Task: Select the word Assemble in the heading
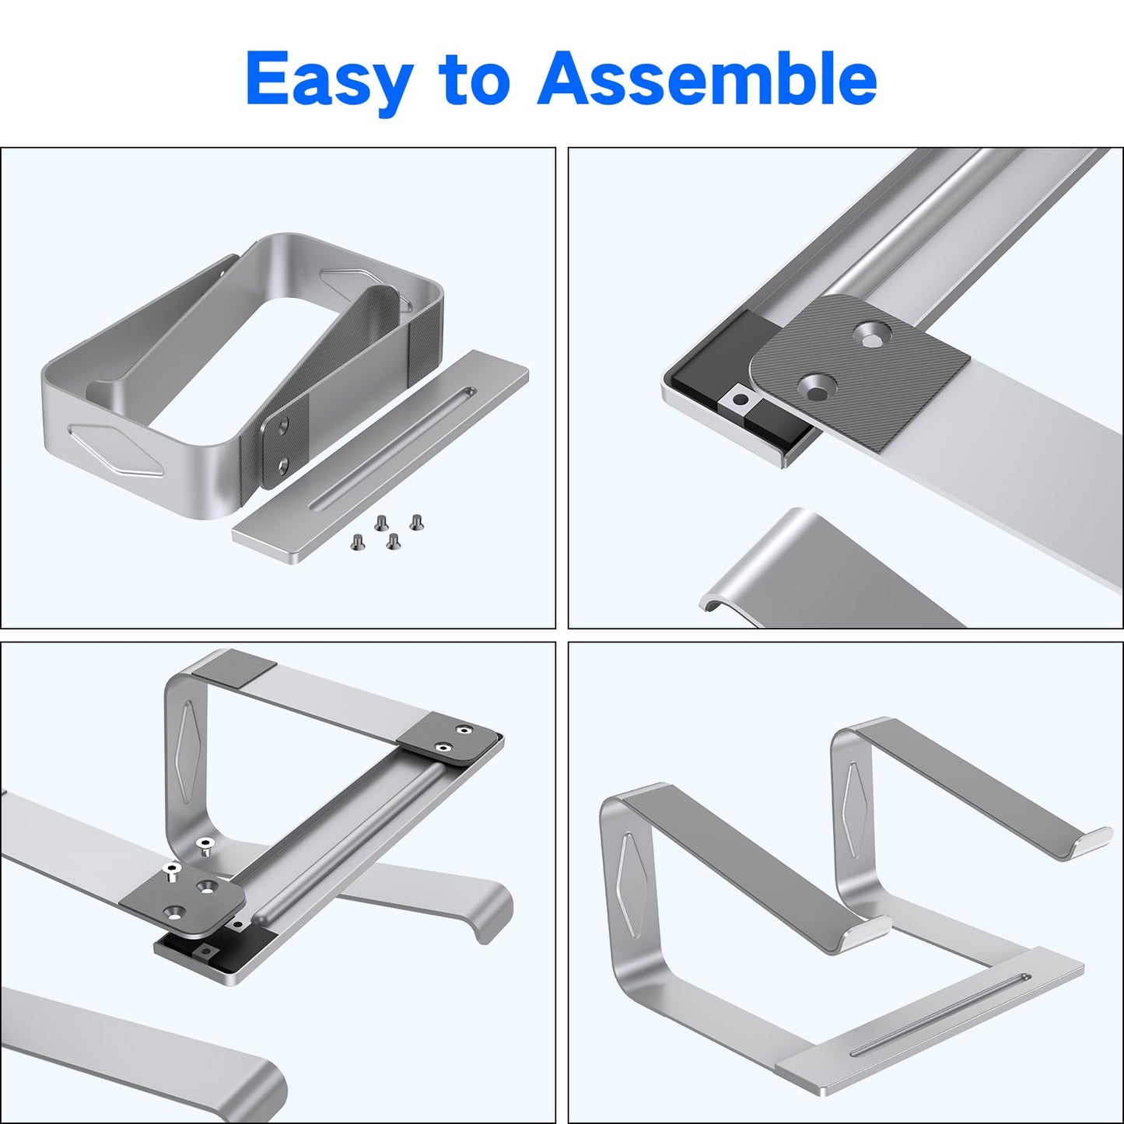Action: coord(706,78)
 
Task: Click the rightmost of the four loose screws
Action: coord(416,521)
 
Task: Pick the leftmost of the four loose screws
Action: coord(358,542)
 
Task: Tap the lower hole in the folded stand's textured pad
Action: coord(283,465)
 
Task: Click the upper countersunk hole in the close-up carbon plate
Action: coord(871,336)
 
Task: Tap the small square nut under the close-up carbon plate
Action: coord(739,400)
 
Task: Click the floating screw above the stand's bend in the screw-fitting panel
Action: coord(204,846)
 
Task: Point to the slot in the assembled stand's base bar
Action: coord(940,1014)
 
